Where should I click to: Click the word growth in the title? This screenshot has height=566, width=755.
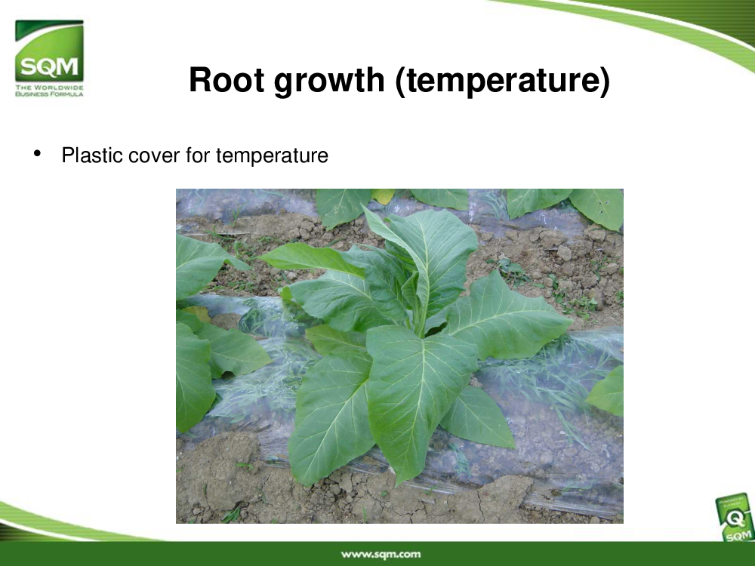click(x=329, y=82)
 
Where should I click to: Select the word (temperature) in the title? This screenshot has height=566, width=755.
click(x=503, y=82)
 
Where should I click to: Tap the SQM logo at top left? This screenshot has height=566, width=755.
click(x=49, y=58)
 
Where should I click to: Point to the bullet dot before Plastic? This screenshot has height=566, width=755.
click(x=37, y=153)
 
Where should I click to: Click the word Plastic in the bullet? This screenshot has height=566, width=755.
click(x=92, y=155)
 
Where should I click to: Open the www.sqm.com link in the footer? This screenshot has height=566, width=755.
click(x=381, y=555)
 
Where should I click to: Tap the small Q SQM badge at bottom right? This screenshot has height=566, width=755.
click(x=735, y=518)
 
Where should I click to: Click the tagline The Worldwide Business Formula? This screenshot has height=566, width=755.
click(x=49, y=91)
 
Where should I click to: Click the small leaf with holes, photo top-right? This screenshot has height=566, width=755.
click(x=597, y=206)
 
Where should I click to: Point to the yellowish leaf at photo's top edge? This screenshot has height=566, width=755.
click(x=384, y=195)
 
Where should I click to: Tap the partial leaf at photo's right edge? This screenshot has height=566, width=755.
click(x=608, y=391)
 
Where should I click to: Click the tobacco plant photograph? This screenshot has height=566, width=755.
click(x=399, y=356)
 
